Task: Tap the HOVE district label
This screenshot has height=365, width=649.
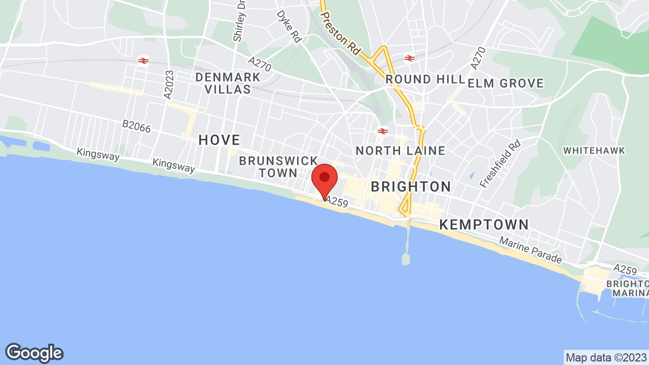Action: click(x=219, y=140)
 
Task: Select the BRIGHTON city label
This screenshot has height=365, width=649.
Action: click(x=411, y=187)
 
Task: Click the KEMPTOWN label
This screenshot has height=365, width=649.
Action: click(x=484, y=225)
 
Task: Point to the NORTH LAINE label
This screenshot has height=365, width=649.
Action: click(x=400, y=151)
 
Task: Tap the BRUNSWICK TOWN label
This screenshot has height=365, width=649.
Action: click(x=278, y=167)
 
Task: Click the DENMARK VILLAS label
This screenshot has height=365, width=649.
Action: click(x=228, y=83)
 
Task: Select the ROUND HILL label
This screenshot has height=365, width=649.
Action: click(x=425, y=80)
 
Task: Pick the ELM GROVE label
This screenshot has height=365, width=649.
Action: click(x=506, y=83)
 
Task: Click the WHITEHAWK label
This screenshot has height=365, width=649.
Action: click(x=594, y=151)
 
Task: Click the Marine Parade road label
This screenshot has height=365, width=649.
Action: click(x=531, y=252)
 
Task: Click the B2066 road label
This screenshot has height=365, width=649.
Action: click(x=136, y=126)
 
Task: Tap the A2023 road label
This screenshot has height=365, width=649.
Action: click(x=168, y=84)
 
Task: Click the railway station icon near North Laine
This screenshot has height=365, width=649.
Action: click(x=383, y=131)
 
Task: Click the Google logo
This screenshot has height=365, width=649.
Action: click(x=34, y=353)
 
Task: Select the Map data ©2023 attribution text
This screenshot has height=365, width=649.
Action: click(x=605, y=357)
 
